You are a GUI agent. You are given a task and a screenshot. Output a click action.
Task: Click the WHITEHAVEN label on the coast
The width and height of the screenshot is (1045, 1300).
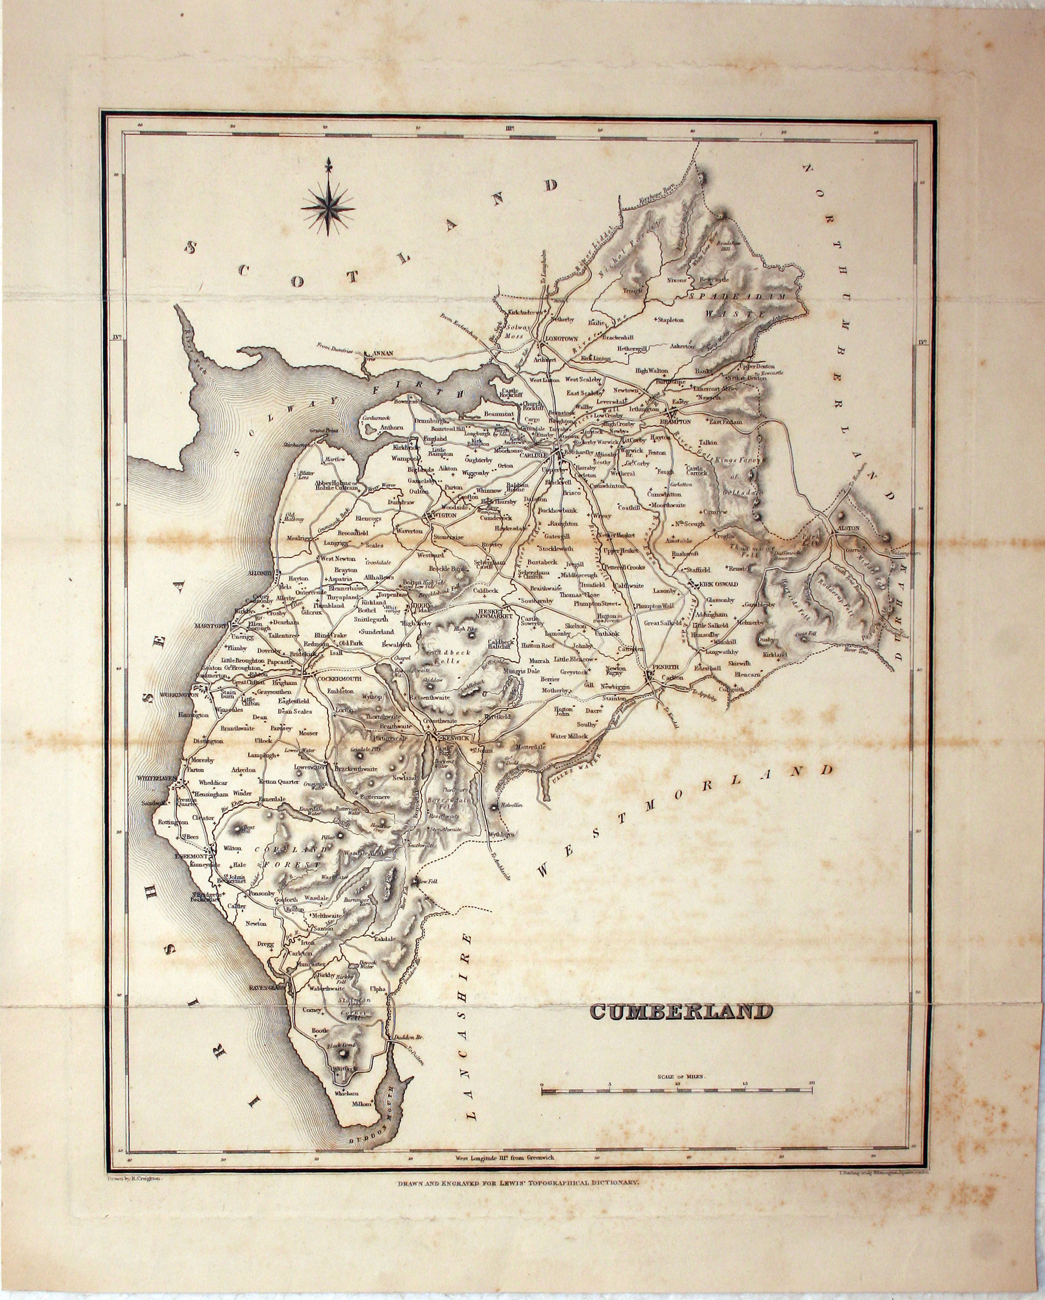tap(156, 778)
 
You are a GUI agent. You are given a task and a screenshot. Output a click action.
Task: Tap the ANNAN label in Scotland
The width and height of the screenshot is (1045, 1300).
tap(384, 353)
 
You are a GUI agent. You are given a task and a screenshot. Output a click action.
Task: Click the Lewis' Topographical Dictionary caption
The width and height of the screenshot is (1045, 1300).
tap(516, 1166)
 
